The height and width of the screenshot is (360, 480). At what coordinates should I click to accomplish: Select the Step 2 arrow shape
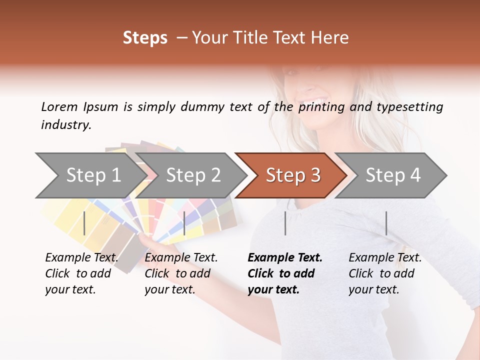point(193,175)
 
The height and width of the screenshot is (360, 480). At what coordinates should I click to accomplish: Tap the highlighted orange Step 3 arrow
point(293,175)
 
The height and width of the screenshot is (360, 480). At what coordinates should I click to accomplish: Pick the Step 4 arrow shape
point(393,175)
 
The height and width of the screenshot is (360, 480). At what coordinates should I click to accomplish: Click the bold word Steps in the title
point(145,37)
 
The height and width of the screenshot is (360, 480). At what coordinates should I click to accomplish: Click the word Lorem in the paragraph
point(59,106)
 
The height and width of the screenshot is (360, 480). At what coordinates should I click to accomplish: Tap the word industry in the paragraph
point(66,124)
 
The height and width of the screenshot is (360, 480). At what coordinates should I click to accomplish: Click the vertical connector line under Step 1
point(84,223)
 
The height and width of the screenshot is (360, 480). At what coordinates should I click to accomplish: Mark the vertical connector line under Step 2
point(184,223)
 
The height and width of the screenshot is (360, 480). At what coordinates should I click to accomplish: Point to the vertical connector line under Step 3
point(285,223)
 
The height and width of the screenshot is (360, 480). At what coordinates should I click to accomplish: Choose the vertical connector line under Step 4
point(386,223)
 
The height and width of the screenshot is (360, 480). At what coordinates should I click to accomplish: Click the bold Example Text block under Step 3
point(284,273)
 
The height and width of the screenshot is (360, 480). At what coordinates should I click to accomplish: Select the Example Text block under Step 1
point(81,273)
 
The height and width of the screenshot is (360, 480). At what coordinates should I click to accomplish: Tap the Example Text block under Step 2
point(181,273)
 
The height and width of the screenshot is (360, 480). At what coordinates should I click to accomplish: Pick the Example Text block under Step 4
point(385,273)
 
